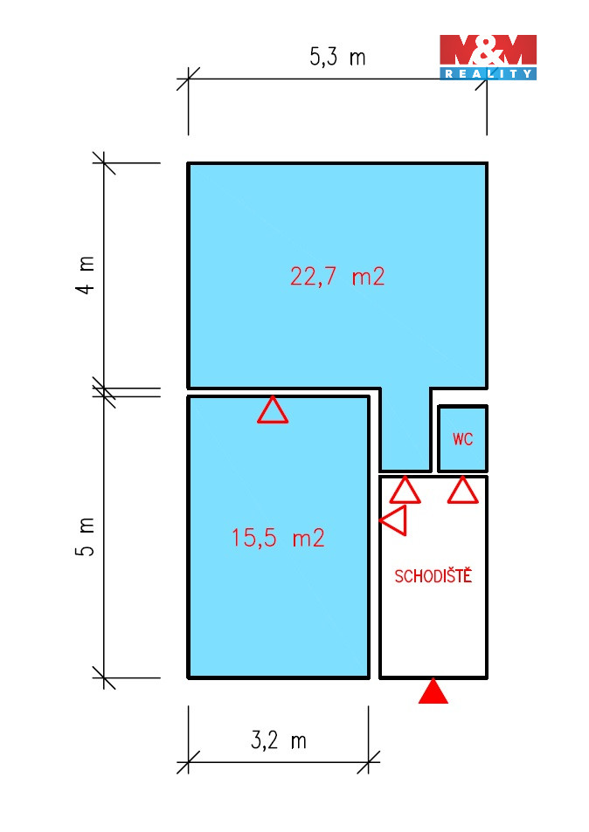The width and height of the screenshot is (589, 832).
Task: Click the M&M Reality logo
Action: [488, 58]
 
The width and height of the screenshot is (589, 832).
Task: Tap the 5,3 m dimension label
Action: [338, 56]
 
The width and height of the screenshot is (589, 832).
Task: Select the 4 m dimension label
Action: [85, 275]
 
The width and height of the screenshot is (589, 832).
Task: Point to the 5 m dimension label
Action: [85, 537]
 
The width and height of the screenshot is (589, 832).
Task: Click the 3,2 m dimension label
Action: [279, 740]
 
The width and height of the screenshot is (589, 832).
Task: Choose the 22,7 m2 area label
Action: [337, 277]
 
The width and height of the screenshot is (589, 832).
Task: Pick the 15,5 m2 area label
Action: [278, 538]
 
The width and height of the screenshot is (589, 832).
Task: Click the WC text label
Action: [462, 439]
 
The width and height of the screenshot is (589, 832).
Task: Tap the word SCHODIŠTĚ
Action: [433, 575]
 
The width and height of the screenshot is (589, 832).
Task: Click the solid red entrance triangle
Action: [433, 691]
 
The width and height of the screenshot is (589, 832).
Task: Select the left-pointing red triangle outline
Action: [394, 520]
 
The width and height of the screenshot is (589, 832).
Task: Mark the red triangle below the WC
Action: [463, 491]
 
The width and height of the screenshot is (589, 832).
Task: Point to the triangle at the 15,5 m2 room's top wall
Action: [273, 410]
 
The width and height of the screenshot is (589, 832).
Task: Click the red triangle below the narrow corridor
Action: [405, 491]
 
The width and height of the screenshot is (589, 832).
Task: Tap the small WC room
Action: [462, 439]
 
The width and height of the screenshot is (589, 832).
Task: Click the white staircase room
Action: [433, 610]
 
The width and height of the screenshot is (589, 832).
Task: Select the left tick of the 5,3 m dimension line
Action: [188, 79]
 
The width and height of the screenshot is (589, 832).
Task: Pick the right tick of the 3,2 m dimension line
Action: [369, 762]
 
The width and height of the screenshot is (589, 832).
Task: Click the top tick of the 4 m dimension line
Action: [104, 163]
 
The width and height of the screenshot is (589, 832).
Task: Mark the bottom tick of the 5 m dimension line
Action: [104, 678]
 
